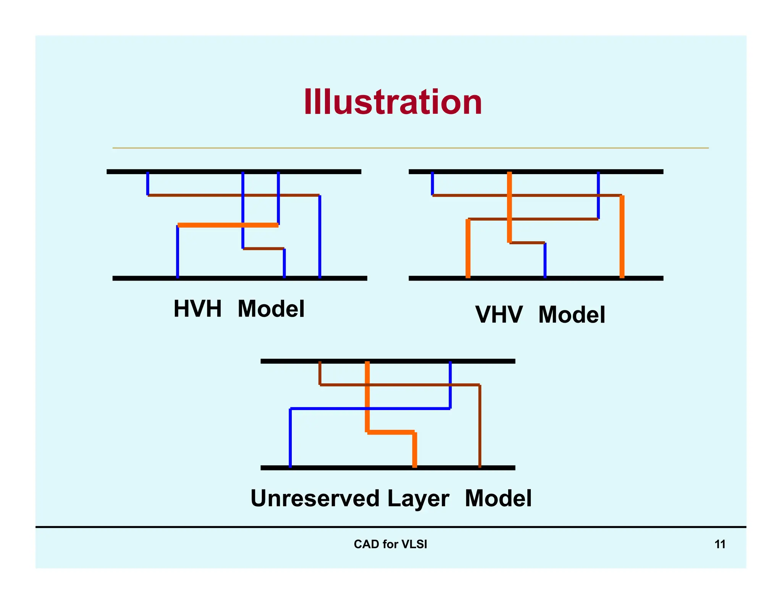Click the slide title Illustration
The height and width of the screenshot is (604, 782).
coord(393,102)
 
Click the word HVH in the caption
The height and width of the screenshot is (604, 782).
coord(197,308)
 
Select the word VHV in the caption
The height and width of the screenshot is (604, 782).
coord(499,315)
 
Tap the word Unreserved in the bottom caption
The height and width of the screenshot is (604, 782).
coord(315,498)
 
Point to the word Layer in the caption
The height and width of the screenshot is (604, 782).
coord(418,498)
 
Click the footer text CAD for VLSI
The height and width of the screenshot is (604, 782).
coord(390,544)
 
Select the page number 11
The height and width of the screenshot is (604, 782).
coord(720,544)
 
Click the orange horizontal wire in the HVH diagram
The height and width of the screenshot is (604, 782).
coord(228,225)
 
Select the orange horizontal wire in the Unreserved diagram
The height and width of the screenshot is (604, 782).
coord(391,432)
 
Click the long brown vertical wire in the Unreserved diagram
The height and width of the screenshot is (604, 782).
coord(480,426)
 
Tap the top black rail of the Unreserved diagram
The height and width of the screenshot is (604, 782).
coord(388,361)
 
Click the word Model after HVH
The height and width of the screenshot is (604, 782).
coord(271,308)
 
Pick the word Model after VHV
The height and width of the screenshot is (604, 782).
coord(572,315)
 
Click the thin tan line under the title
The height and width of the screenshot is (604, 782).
coord(410,148)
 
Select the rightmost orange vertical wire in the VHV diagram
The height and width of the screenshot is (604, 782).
coord(622,237)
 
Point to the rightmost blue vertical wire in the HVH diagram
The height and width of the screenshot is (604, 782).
coord(320,237)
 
